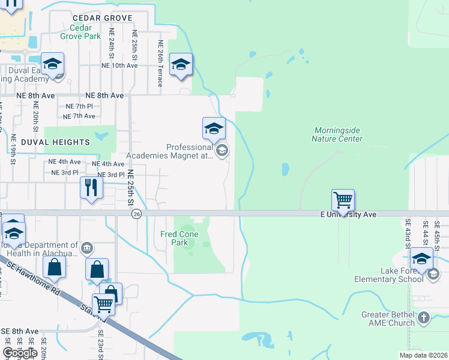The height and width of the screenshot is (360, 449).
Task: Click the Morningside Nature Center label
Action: [337, 134]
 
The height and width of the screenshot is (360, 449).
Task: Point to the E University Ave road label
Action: [348, 214]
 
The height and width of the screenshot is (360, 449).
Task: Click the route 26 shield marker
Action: [137, 214]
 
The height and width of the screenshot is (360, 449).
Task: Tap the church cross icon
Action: [424, 317]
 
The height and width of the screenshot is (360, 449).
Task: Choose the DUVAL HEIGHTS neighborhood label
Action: [55, 142]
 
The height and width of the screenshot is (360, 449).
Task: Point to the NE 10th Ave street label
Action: [119, 65]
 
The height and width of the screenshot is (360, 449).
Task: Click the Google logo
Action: [20, 352]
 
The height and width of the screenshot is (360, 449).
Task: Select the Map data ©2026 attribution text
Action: [423, 355]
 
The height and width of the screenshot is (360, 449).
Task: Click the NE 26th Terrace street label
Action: [160, 63]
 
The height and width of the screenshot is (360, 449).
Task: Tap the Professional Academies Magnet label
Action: [190, 151]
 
